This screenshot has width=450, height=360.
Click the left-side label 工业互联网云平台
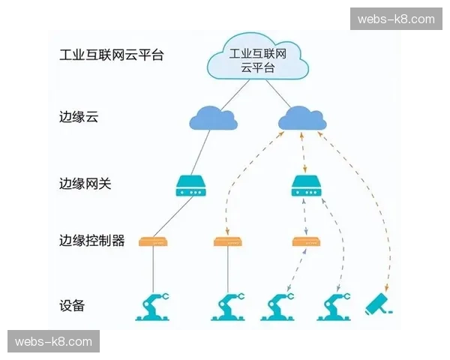pyautogui.click(x=112, y=55)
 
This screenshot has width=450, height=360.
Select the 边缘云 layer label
pyautogui.click(x=79, y=118)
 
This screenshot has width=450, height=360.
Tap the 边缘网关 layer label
pyautogui.click(x=85, y=183)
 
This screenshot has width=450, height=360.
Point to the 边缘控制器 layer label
pyautogui.click(x=91, y=241)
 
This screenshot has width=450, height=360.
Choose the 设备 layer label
pyautogui.click(x=72, y=305)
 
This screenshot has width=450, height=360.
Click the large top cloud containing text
pyautogui.click(x=257, y=58)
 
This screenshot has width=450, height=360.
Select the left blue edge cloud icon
pyautogui.click(x=212, y=118)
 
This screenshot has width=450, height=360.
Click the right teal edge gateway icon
pyautogui.click(x=305, y=185)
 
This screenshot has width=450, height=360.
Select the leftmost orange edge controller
pyautogui.click(x=154, y=241)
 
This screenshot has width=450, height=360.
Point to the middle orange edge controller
pyautogui.click(x=227, y=241)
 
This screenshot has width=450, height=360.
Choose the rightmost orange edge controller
pyautogui.click(x=305, y=241)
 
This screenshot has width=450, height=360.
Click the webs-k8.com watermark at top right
pyautogui.click(x=396, y=19)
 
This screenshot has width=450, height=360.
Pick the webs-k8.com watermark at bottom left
pyautogui.click(x=53, y=342)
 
